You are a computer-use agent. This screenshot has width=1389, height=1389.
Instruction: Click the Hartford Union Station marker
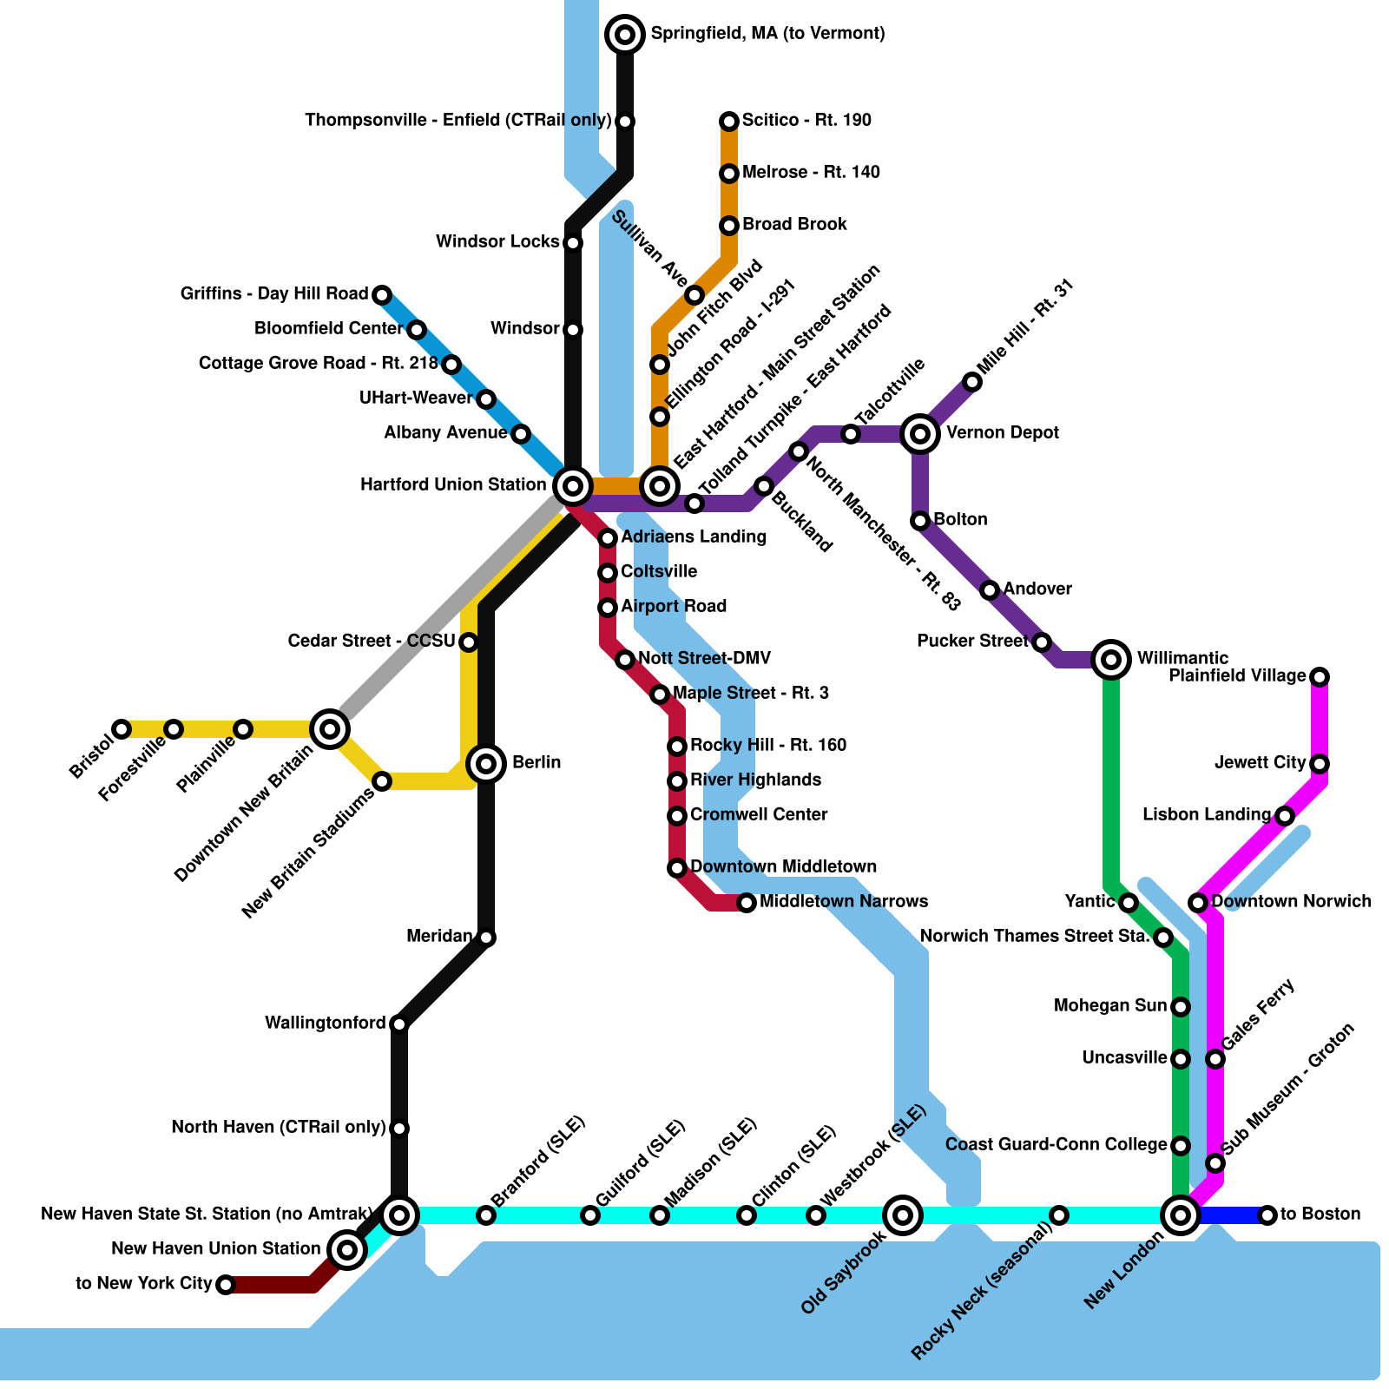(573, 485)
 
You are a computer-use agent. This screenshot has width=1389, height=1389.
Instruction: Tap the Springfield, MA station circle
(625, 35)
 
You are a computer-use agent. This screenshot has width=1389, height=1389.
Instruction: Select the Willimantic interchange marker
(1111, 660)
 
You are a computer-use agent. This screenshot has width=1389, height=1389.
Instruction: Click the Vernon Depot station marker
(920, 433)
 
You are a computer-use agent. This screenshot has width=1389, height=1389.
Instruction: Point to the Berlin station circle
(486, 764)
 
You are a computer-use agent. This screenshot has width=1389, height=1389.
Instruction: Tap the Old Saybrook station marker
(903, 1215)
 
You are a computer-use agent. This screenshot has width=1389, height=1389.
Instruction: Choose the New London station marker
(1181, 1215)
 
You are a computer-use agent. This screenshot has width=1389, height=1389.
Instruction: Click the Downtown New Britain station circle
(330, 729)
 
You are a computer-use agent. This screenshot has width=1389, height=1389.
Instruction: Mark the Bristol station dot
(122, 729)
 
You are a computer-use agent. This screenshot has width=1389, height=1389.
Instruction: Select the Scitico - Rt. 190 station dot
(729, 122)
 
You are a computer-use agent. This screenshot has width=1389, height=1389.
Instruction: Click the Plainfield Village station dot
(1320, 677)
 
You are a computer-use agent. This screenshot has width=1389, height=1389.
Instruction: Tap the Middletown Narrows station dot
(747, 903)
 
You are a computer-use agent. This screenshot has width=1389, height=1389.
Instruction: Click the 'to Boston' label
(1320, 1214)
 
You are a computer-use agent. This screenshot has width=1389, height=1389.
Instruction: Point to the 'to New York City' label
(143, 1283)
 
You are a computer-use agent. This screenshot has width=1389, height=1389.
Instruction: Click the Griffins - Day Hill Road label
(274, 293)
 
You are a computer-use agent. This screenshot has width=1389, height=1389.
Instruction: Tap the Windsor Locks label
(497, 241)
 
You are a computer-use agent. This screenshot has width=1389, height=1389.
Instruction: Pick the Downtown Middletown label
(783, 866)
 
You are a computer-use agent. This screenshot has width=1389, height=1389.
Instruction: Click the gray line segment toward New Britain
(443, 616)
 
